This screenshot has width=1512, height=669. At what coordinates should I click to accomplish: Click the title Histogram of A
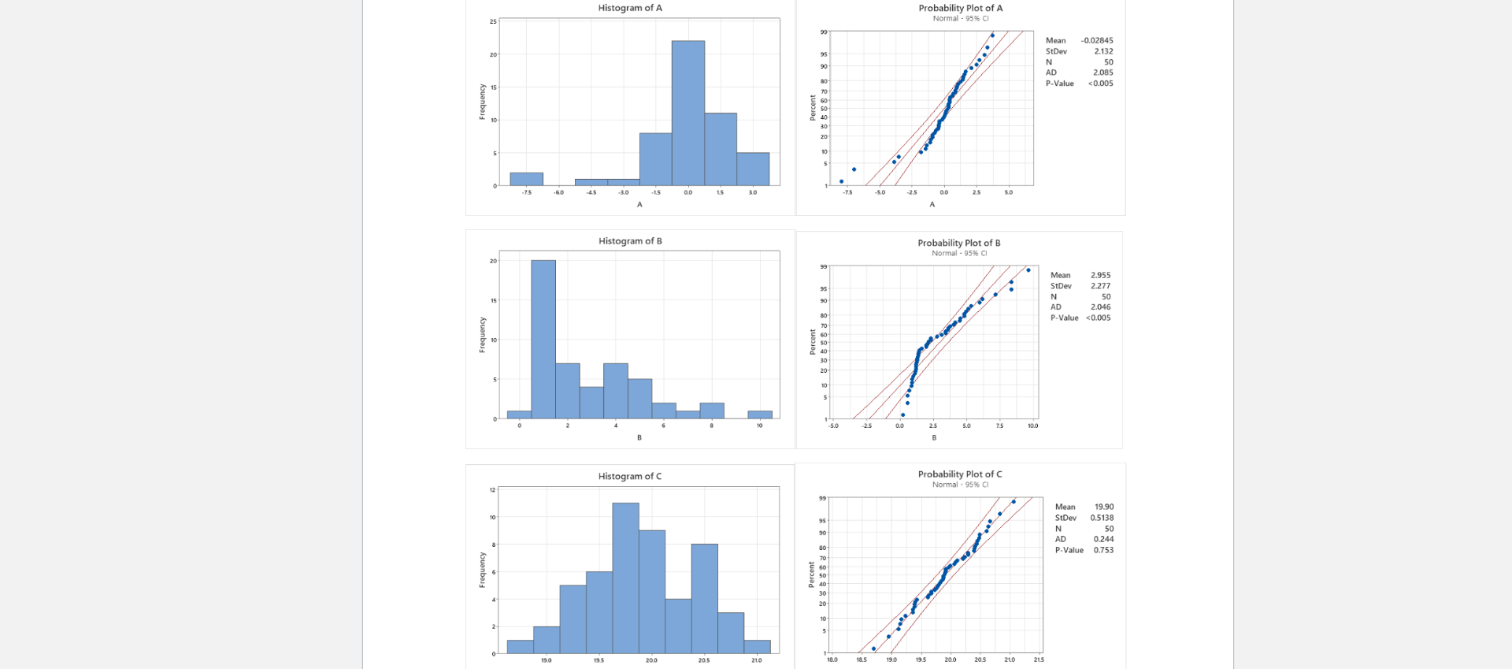(x=630, y=8)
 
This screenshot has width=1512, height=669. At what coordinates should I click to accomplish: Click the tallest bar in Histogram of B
(x=543, y=339)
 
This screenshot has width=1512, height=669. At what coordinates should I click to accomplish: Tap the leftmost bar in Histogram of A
(x=526, y=179)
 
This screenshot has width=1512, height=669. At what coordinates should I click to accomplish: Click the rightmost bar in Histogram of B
(x=760, y=414)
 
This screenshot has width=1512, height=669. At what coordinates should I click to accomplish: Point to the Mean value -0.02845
(x=1097, y=40)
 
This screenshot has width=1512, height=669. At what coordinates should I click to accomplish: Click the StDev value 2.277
(x=1100, y=286)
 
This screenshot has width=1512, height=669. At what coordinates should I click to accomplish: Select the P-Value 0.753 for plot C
(x=1103, y=550)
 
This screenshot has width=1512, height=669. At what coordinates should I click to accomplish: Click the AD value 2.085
(x=1102, y=72)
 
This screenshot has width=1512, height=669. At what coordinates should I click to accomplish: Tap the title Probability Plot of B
(x=958, y=243)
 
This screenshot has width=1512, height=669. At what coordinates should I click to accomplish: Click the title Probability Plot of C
(x=959, y=474)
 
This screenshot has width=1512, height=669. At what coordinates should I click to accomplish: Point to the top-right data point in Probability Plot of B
(x=1028, y=270)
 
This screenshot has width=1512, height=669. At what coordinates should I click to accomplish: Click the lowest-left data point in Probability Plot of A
(x=841, y=181)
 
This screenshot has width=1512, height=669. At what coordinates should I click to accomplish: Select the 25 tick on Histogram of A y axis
(x=493, y=21)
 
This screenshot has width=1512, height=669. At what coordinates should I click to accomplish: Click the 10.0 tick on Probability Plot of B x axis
(x=1032, y=426)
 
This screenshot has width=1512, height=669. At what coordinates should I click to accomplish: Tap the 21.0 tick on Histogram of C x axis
(x=756, y=660)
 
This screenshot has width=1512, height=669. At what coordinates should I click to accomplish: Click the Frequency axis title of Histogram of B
(x=482, y=335)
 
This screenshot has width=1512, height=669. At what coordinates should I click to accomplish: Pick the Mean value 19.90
(x=1104, y=507)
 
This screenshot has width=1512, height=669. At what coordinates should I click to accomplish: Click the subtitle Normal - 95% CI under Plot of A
(x=960, y=18)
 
